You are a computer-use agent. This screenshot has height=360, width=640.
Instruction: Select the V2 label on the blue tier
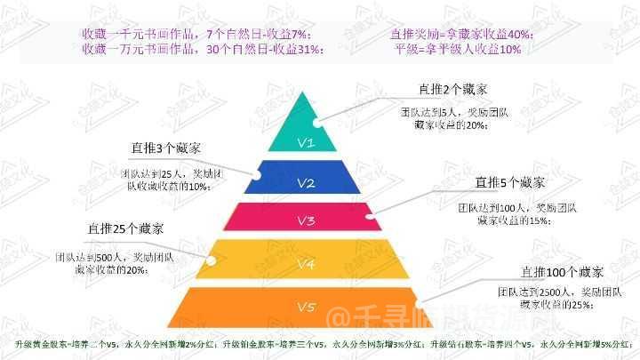tap(306, 184)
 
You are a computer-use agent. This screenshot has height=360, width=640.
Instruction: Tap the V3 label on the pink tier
tap(306, 221)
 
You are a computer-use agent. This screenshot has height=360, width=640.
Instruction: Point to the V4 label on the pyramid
tap(306, 264)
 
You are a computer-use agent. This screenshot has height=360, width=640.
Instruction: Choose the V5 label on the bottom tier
tap(306, 308)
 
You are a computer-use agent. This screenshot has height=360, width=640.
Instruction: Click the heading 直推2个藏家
tap(453, 90)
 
